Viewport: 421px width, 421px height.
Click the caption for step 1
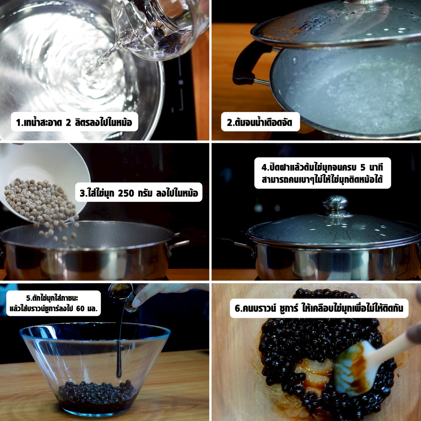tap(74, 122)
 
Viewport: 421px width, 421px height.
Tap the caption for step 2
tap(260, 122)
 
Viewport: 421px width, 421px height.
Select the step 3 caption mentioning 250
tap(139, 192)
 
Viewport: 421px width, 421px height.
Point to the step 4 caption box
tap(322, 173)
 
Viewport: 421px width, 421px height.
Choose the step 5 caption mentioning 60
tap(53, 303)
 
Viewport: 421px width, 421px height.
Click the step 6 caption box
tap(319, 308)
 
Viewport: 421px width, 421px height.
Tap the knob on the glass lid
tap(335, 204)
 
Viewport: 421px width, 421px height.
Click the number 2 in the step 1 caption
tap(69, 123)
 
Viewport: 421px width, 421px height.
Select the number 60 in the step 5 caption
tap(80, 308)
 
